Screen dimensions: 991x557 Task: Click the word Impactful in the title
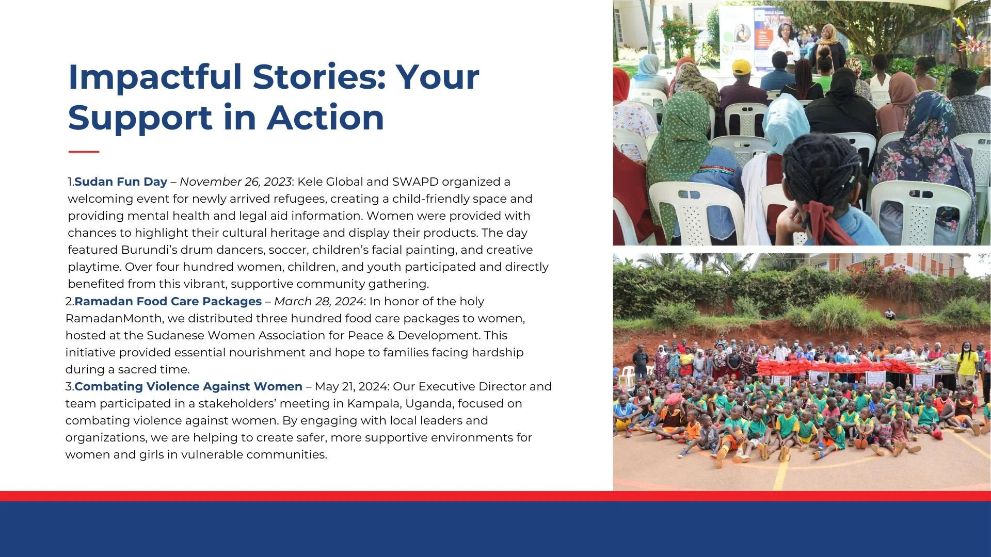tap(155, 78)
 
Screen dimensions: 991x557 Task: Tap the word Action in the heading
tap(326, 118)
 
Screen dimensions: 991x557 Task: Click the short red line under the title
tap(84, 152)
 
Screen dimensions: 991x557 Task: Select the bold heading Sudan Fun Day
tap(121, 182)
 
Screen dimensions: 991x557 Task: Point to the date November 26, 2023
tap(236, 182)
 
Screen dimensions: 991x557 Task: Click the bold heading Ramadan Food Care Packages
tap(168, 301)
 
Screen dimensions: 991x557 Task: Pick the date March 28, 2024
tap(319, 301)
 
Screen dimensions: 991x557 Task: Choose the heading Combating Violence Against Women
tap(188, 386)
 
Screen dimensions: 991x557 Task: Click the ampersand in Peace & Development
tap(391, 335)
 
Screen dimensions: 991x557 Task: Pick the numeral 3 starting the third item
tap(69, 387)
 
